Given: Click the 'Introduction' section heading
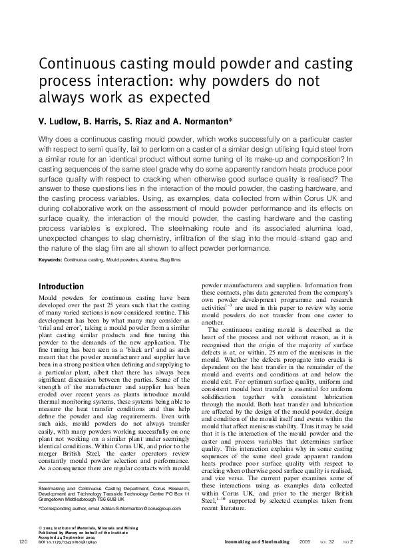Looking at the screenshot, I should coord(61,287).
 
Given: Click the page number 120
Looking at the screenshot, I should coord(23,543).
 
